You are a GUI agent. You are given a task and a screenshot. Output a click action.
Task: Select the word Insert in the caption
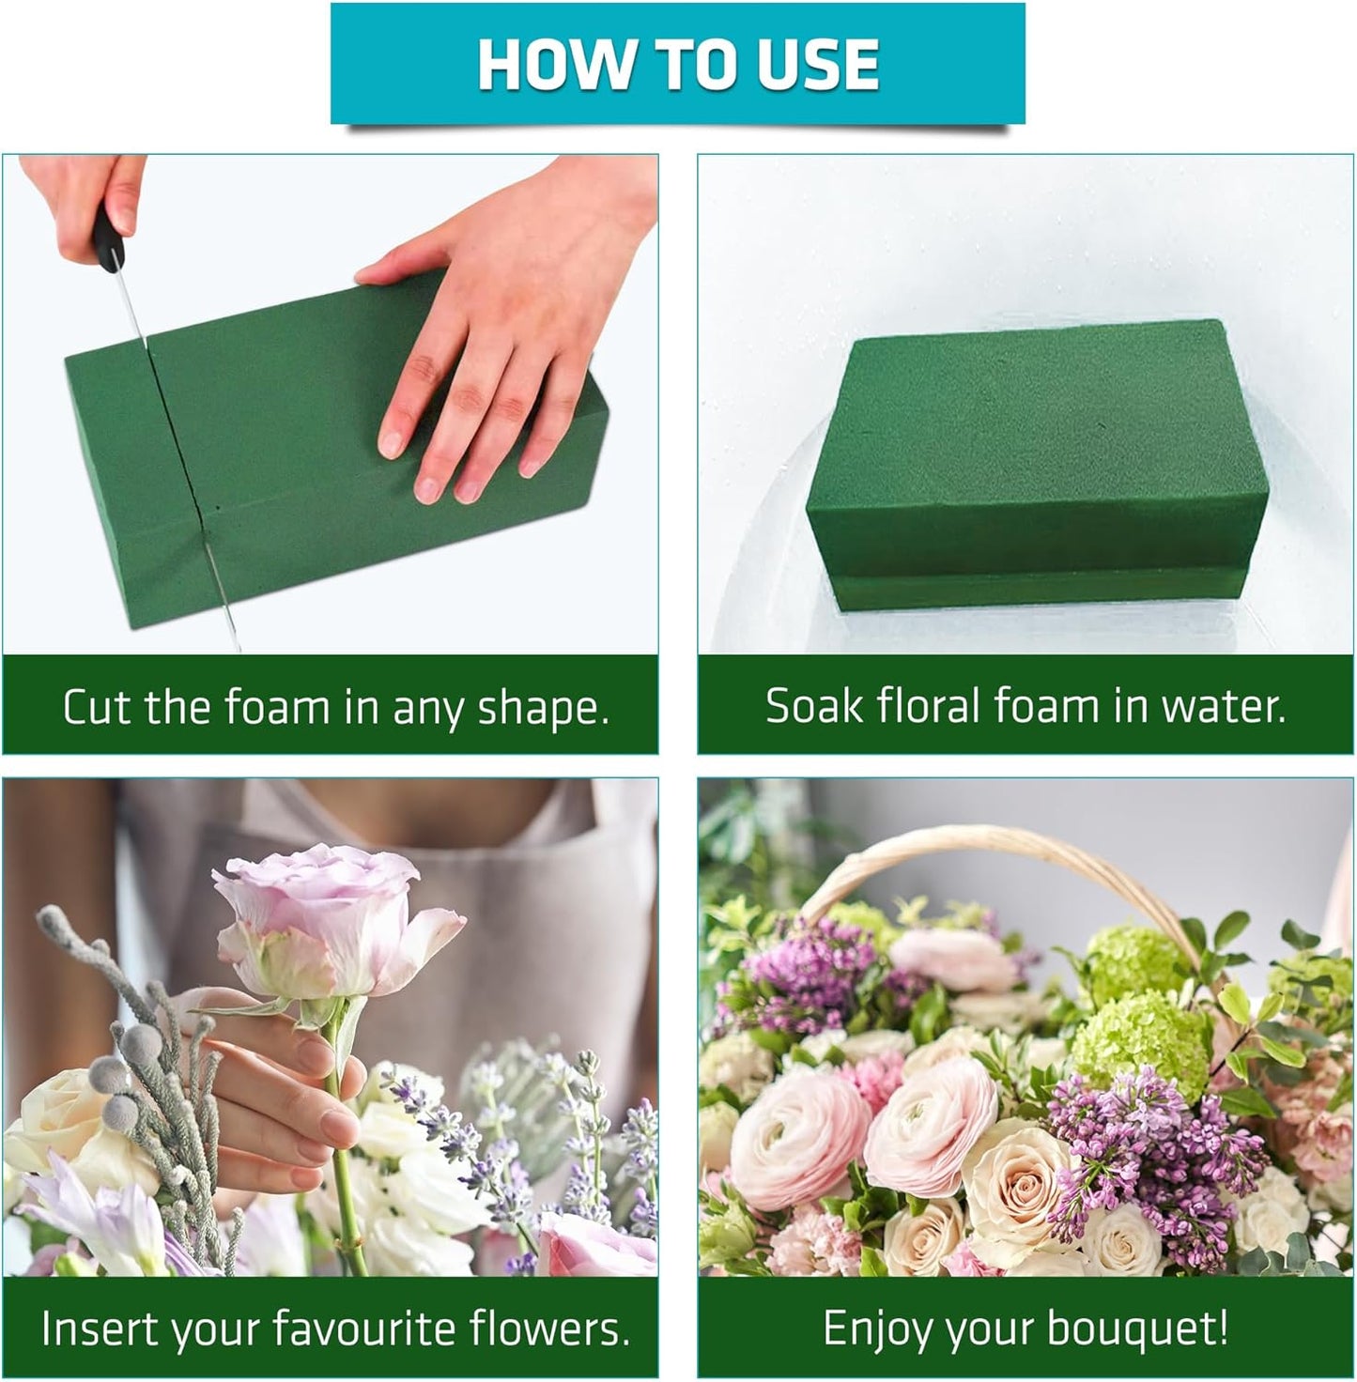coord(90,1328)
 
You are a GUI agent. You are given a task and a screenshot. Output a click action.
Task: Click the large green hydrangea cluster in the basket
coord(1141,1042)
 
